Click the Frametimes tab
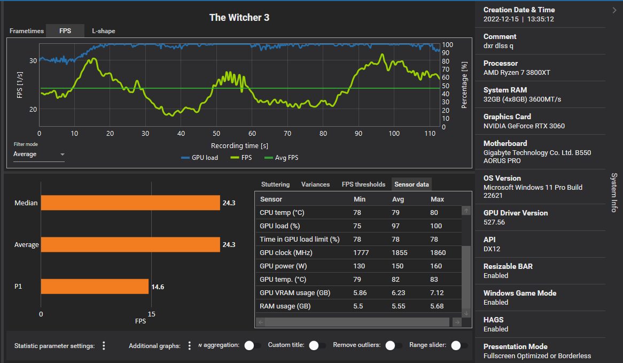click(x=27, y=31)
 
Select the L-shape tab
click(x=103, y=31)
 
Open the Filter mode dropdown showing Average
click(x=39, y=155)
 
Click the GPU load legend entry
click(x=200, y=158)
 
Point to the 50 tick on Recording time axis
click(x=216, y=134)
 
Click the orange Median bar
click(x=130, y=203)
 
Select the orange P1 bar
click(x=95, y=287)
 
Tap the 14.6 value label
click(x=158, y=287)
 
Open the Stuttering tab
click(x=275, y=184)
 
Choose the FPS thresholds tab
click(x=363, y=184)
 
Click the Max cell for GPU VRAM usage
click(x=437, y=293)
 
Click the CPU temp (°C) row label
click(x=282, y=213)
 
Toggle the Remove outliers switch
click(x=394, y=345)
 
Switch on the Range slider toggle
click(x=456, y=345)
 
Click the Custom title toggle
click(x=317, y=345)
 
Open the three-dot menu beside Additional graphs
click(x=190, y=345)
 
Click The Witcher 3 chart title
click(x=239, y=18)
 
